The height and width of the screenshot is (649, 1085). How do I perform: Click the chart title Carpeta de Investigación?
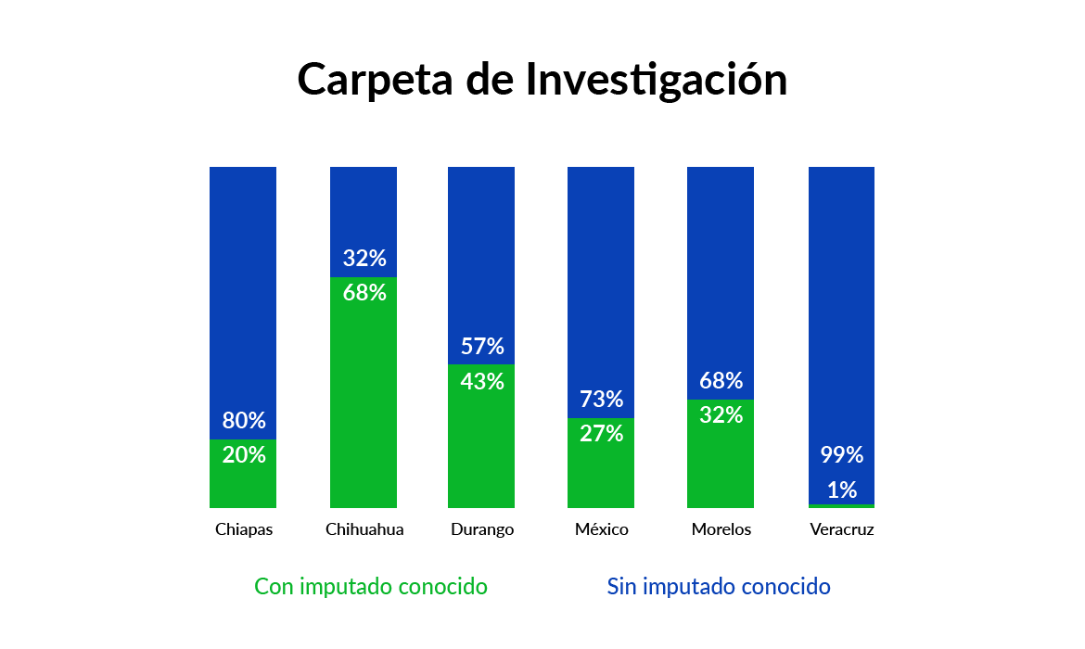542,80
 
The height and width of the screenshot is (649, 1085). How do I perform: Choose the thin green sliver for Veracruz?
841,506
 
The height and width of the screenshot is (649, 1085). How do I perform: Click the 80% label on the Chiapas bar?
244,421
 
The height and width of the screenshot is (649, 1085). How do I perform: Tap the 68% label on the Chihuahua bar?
364,293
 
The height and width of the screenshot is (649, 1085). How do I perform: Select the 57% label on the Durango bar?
482,347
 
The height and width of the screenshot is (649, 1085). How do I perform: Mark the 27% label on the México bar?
601,433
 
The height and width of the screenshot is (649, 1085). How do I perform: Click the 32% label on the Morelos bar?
721,415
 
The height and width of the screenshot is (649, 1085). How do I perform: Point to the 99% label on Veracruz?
842,455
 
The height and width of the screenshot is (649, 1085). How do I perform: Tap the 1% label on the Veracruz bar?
842,490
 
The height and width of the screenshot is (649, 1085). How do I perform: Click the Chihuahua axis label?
364,530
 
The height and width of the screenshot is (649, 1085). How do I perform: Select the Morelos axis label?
721,530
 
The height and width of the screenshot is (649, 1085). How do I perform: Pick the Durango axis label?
482,530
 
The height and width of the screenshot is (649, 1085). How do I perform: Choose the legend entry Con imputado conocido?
371,587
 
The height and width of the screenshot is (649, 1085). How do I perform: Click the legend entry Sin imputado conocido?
719,587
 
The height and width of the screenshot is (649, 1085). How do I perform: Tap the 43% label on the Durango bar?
482,381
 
